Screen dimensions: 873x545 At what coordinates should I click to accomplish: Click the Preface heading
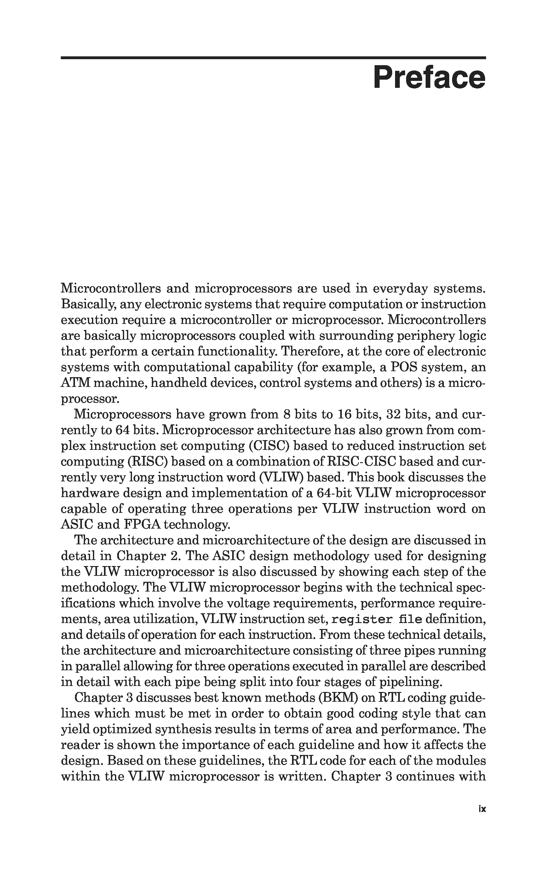(429, 77)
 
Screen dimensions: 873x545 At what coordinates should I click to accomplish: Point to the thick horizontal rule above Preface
(273, 58)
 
